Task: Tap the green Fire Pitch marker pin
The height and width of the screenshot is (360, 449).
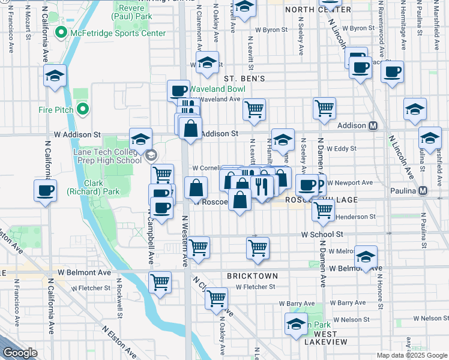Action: coord(83,109)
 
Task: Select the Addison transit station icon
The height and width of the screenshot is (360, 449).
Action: coord(373,126)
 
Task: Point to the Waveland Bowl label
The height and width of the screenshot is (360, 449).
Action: coord(217,89)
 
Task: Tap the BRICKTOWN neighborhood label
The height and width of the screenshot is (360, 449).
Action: coord(252,276)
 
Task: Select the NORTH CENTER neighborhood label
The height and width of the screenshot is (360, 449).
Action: coord(318,10)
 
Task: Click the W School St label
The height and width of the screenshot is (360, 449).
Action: coord(322,235)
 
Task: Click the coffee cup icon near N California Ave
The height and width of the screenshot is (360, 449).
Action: coord(45,191)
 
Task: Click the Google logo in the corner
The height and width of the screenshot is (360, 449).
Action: coord(20,353)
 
